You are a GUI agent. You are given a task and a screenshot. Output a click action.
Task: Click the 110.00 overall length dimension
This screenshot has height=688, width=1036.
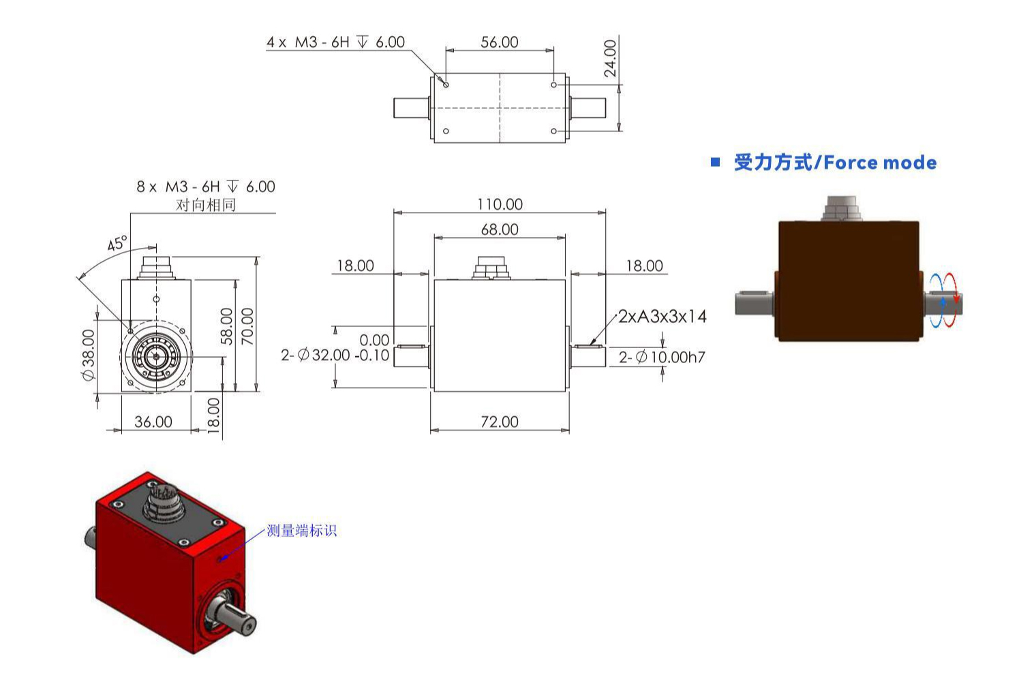[x=500, y=204]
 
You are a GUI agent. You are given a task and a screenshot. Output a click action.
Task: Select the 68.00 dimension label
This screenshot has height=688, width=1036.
[x=500, y=230]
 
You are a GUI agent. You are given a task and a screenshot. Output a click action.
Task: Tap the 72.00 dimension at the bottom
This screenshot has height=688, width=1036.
[x=500, y=422]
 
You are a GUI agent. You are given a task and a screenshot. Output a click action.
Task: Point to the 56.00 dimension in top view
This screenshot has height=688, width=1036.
[x=500, y=42]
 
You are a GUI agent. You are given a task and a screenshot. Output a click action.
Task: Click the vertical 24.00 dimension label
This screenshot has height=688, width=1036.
[x=611, y=58]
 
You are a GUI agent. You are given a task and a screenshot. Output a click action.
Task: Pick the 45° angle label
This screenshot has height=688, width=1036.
[x=117, y=243]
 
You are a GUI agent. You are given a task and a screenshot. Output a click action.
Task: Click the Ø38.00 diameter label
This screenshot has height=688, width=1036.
[x=88, y=355]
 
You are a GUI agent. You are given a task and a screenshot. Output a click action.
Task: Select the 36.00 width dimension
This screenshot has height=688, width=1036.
[x=153, y=422]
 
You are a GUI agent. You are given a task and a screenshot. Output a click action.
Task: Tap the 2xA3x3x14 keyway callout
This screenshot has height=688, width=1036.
[x=662, y=317]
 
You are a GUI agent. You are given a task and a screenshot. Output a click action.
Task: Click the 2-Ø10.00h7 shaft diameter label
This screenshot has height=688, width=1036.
[x=662, y=357]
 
